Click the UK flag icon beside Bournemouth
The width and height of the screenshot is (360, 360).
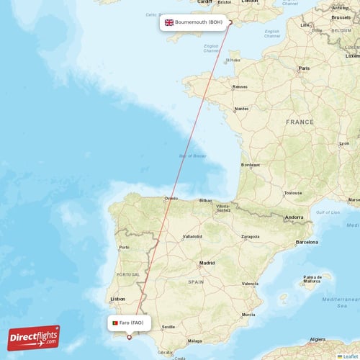[169, 22]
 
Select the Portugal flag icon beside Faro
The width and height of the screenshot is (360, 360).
[115, 323]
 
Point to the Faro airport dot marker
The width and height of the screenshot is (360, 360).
[130, 336]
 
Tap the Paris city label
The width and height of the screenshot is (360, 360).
[305, 68]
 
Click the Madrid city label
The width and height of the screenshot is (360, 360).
[207, 263]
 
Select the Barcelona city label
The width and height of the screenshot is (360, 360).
[307, 242]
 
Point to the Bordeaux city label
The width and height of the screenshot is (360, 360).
[251, 165]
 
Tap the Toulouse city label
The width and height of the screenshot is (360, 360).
[293, 193]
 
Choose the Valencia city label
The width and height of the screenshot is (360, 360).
[251, 284]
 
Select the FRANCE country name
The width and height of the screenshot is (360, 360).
[300, 122]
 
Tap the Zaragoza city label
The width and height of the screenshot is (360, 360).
[250, 236]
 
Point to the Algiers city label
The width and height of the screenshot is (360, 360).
[318, 338]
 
